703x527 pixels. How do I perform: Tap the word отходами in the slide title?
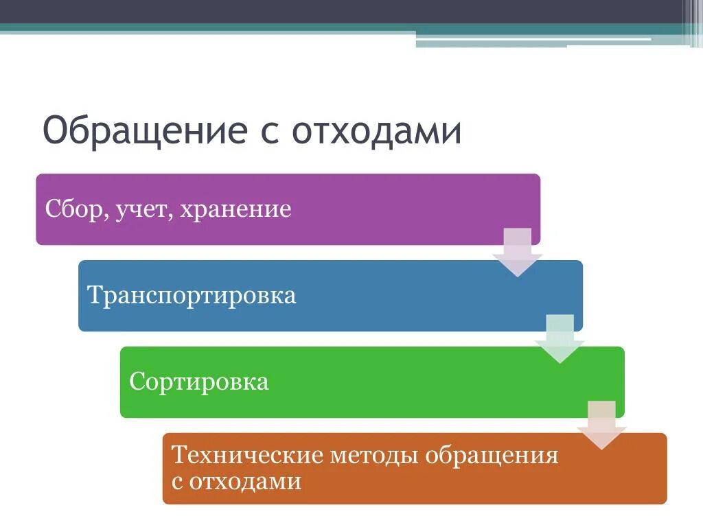pyautogui.click(x=376, y=131)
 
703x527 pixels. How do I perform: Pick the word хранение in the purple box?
pyautogui.click(x=235, y=210)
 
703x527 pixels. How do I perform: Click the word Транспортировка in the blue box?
pyautogui.click(x=192, y=296)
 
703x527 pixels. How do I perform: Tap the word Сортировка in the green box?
pyautogui.click(x=198, y=382)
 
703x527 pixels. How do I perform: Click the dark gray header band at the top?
pyautogui.click(x=343, y=12)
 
